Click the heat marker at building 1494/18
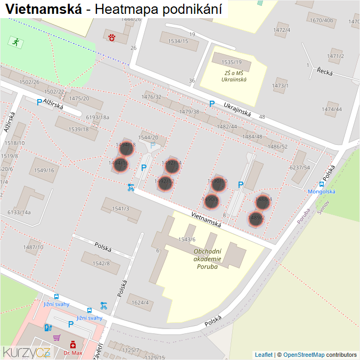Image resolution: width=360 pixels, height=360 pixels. (126, 148)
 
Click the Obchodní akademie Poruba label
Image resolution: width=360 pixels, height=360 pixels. (207, 259)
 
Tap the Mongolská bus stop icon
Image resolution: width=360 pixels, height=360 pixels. (322, 184)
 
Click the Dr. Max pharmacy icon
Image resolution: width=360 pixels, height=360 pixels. (72, 345)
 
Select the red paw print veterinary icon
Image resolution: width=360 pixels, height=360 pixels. (112, 37)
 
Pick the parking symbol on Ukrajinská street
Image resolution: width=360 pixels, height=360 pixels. (212, 104)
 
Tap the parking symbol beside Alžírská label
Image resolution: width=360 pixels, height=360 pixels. (39, 102)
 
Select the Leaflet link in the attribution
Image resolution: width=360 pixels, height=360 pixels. (264, 354)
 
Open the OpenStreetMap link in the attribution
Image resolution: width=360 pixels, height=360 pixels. (304, 354)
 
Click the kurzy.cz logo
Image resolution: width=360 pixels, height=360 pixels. (27, 351)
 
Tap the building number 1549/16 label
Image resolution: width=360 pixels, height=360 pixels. (44, 170)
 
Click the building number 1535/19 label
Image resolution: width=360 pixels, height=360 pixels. (231, 62)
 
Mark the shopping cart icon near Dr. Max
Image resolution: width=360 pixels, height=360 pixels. (56, 337)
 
